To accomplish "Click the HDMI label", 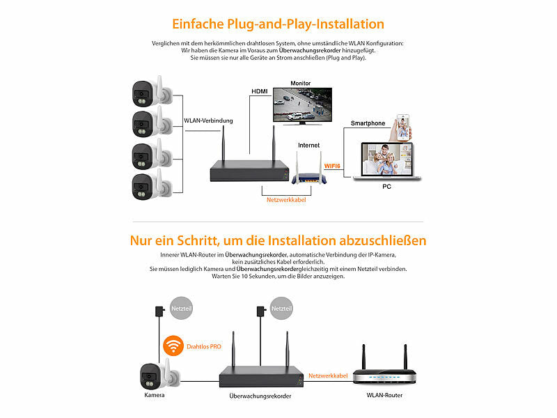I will pos(259,91).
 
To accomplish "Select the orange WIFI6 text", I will pos(333,165).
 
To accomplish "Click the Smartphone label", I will pos(368,123).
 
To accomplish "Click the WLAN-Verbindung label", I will pos(208,121).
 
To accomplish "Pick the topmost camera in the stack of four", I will pos(150,92).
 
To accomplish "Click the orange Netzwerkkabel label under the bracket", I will pos(285,200).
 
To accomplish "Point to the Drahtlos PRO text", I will pos(204,346).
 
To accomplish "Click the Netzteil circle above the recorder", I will pos(281,308).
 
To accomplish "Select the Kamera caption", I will pos(154,395).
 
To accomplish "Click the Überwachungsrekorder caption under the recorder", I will pos(260,396).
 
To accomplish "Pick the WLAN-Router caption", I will pos(384,395).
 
